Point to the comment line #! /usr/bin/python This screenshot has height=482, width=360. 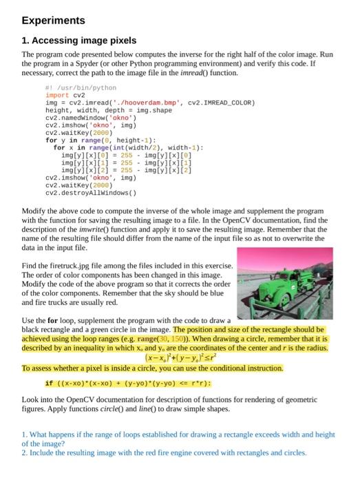click(81, 88)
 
